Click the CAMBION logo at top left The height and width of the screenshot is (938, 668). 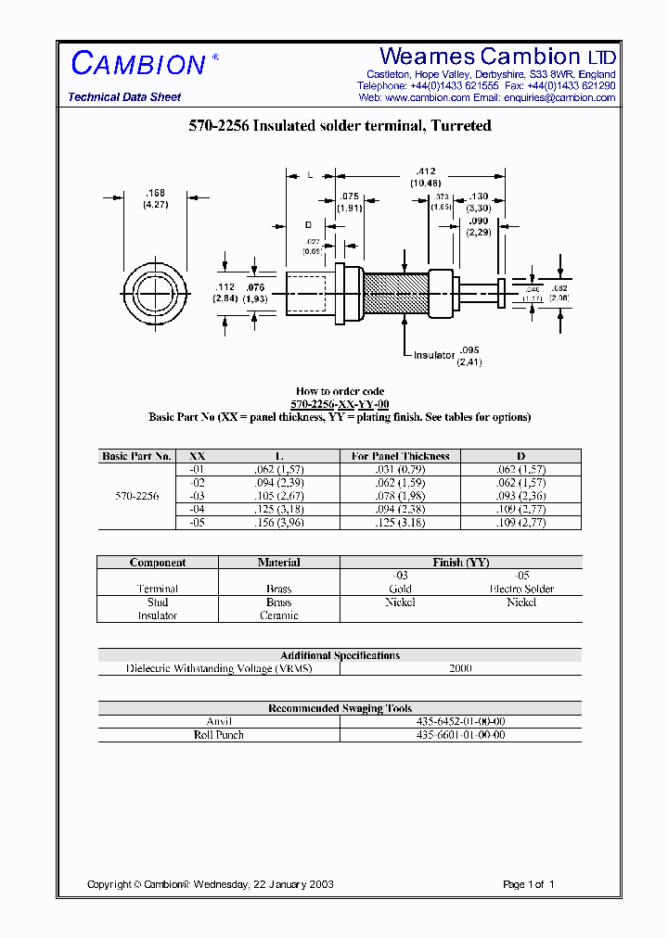coord(138,64)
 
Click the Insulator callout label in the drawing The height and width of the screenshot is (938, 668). coord(434,355)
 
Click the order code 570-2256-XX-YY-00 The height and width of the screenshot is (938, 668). coord(340,404)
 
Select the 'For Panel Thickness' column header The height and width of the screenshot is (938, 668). coord(400,456)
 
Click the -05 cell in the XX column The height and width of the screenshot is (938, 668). coord(197,523)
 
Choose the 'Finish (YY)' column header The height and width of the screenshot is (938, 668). coord(460,563)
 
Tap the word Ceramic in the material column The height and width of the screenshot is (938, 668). coord(278,615)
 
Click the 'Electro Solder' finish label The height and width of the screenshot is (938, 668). coord(520,589)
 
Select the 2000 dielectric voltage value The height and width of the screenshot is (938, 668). coord(460,668)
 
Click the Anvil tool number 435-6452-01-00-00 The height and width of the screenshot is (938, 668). coord(460,721)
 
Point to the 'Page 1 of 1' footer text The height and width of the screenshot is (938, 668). coord(528,884)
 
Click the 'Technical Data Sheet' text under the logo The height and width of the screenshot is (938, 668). coord(124,97)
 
